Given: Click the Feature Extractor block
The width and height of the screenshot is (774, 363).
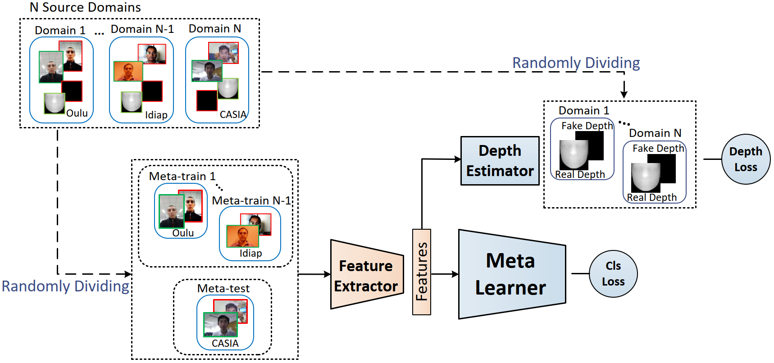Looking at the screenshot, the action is pyautogui.click(x=367, y=274).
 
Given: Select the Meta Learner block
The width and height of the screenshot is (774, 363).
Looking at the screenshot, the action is pyautogui.click(x=512, y=274).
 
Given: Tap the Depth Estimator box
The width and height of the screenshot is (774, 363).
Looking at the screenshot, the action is pyautogui.click(x=500, y=161).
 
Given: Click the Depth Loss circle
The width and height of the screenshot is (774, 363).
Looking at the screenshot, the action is pyautogui.click(x=746, y=159).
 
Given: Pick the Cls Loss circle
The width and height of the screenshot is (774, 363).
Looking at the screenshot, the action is pyautogui.click(x=613, y=274).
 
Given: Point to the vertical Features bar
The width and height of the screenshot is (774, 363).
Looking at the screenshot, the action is pyautogui.click(x=422, y=272).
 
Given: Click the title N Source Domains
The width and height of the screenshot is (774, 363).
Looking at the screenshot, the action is pyautogui.click(x=85, y=7).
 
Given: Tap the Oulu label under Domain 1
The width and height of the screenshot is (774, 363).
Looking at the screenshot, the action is pyautogui.click(x=77, y=113).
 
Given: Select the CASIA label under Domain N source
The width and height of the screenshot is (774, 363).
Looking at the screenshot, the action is pyautogui.click(x=233, y=114).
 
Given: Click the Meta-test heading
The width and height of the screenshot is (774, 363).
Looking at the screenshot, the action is pyautogui.click(x=223, y=288).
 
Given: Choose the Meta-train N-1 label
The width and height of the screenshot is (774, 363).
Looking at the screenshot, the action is pyautogui.click(x=251, y=200).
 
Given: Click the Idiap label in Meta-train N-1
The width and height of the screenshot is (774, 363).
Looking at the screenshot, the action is pyautogui.click(x=250, y=253).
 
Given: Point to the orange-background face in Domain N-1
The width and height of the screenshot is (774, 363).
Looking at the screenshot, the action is pyautogui.click(x=128, y=71).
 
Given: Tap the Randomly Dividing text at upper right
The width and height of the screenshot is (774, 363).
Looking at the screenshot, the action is pyautogui.click(x=576, y=63).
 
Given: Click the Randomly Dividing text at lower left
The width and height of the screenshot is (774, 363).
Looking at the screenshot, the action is pyautogui.click(x=65, y=286).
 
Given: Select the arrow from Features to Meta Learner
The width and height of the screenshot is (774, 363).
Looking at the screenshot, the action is pyautogui.click(x=445, y=274).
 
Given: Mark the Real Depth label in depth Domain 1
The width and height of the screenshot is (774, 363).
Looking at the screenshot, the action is pyautogui.click(x=580, y=174).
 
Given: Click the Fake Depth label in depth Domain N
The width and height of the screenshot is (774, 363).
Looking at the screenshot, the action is pyautogui.click(x=658, y=148).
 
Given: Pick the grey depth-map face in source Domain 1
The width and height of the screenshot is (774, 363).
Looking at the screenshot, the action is pyautogui.click(x=55, y=103).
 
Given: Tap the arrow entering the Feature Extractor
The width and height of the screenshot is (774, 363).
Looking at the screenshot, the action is pyautogui.click(x=314, y=274).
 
